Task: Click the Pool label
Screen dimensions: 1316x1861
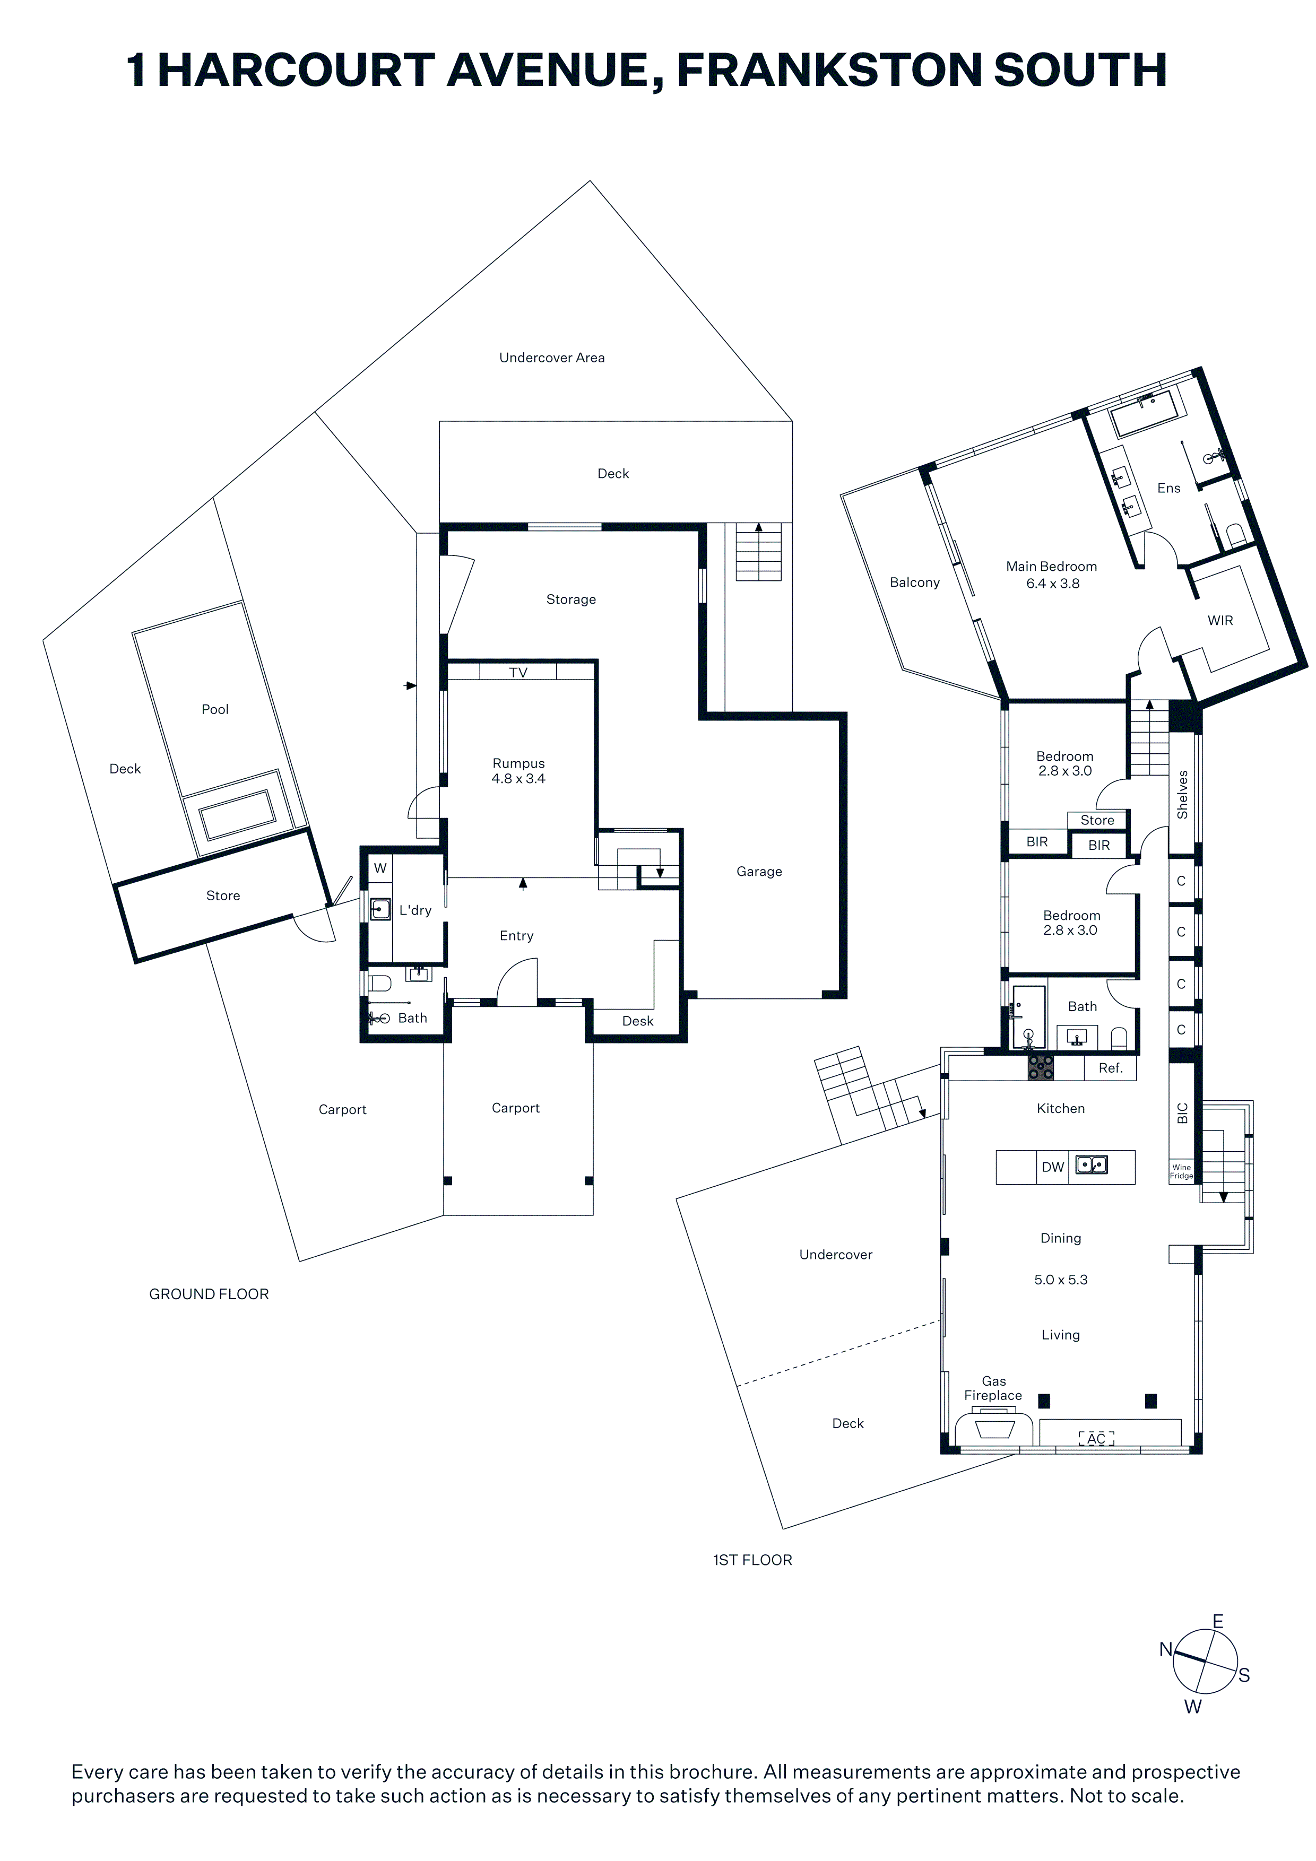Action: point(215,709)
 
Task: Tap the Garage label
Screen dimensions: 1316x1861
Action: point(759,872)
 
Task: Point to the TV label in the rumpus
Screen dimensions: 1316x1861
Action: point(518,672)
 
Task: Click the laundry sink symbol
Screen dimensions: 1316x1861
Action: point(380,909)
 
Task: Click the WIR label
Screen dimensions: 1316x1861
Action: point(1220,621)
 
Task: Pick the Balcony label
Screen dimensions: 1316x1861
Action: point(915,583)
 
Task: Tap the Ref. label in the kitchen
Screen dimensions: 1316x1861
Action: point(1111,1068)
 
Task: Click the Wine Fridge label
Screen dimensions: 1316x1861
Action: point(1181,1171)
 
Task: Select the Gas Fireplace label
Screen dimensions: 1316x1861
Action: point(993,1388)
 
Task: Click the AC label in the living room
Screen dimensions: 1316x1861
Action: point(1096,1439)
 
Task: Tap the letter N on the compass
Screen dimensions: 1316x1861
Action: point(1166,1649)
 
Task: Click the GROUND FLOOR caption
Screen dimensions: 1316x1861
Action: point(209,1294)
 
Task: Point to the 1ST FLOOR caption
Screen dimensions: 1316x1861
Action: point(752,1560)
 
